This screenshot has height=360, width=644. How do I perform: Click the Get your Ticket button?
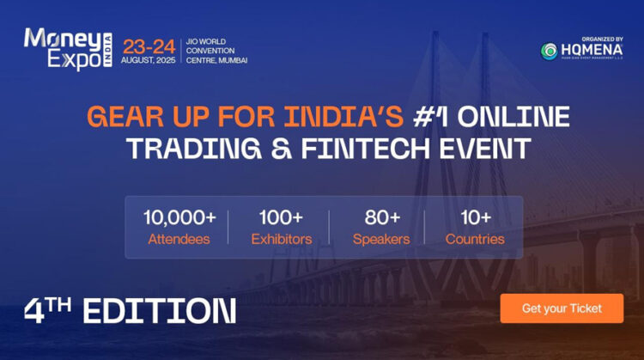[562, 308]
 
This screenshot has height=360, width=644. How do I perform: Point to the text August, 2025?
[149, 61]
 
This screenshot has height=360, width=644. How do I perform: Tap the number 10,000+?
[179, 217]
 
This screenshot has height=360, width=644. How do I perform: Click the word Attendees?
[179, 239]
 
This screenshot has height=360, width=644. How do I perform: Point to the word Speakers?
[380, 239]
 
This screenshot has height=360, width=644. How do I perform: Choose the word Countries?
[474, 239]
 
